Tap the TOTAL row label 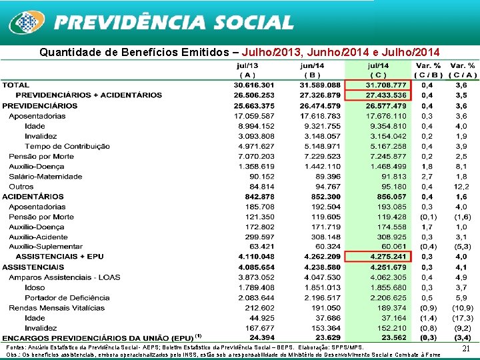(x=16, y=85)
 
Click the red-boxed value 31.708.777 (x=387, y=85)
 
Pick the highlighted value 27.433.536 (x=387, y=95)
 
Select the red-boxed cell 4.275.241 (x=387, y=257)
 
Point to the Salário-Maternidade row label (x=41, y=177)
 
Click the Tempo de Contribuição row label (x=67, y=146)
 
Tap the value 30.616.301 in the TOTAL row (x=254, y=85)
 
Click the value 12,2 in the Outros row (x=461, y=187)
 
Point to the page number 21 (x=467, y=349)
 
